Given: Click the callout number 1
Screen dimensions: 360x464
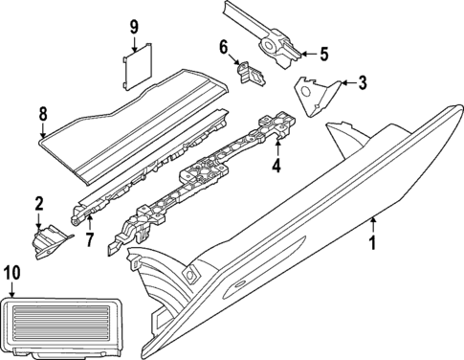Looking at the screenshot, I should tap(374, 258).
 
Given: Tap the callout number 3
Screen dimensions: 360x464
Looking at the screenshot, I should tap(362, 83).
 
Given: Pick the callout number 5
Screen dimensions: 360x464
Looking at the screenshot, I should tap(323, 53).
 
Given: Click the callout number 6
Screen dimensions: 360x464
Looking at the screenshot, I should tap(223, 47).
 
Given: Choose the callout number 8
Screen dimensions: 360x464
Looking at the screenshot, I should tap(42, 116).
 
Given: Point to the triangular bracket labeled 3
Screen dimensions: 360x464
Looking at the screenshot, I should tap(314, 96).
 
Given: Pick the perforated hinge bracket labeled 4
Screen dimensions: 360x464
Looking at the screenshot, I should tap(210, 176).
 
